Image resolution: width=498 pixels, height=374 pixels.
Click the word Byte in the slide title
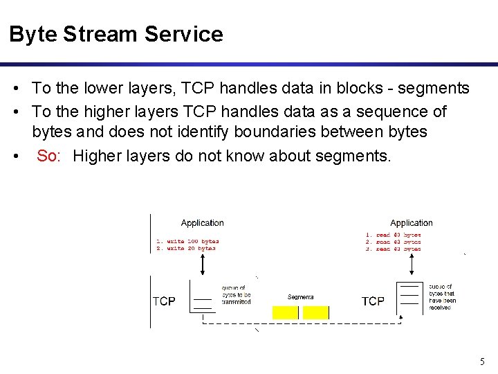pos(33,34)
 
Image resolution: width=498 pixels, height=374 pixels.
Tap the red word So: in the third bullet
pos(50,156)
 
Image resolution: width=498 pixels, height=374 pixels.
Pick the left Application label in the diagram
pos(202,223)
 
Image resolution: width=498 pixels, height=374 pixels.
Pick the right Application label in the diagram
pos(412,223)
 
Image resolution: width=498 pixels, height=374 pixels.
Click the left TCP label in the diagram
pos(164,301)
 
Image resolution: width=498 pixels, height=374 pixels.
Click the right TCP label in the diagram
pos(373,301)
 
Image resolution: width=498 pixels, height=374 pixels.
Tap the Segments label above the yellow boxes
pos(301,297)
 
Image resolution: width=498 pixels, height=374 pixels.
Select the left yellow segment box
pos(286,312)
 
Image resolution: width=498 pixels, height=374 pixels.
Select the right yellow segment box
pos(316,312)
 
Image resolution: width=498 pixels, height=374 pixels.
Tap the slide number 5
pos(482,361)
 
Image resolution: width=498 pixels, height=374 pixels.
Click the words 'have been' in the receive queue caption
pos(441,300)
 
